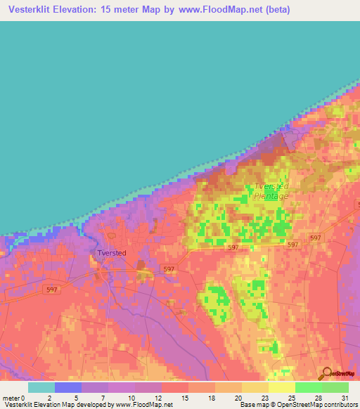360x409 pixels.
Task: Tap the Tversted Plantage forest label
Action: click(271, 191)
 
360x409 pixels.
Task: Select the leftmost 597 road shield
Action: click(51, 288)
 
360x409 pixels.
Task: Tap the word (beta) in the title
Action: click(275, 11)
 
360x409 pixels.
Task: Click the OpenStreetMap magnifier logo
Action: click(326, 373)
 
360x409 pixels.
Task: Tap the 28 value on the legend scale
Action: click(318, 397)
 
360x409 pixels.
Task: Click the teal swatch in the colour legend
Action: click(41, 387)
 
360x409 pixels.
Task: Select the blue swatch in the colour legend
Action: click(67, 387)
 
